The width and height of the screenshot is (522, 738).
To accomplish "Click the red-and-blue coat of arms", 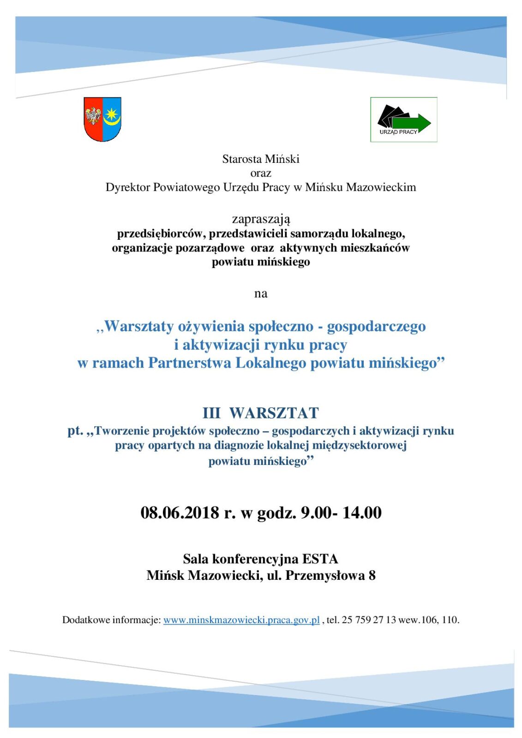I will pyautogui.click(x=102, y=119).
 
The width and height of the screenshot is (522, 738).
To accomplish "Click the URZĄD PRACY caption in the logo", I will pyautogui.click(x=398, y=132).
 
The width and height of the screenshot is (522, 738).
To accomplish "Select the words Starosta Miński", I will pyautogui.click(x=261, y=159).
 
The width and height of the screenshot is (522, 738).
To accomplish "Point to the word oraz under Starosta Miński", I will pyautogui.click(x=261, y=173).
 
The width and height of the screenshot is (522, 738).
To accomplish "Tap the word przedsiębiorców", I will pyautogui.click(x=160, y=234).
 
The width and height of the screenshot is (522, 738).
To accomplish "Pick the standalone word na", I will pyautogui.click(x=261, y=293).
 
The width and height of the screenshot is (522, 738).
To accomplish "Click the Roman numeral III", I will pyautogui.click(x=211, y=413).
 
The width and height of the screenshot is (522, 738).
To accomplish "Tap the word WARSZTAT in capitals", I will pyautogui.click(x=274, y=413).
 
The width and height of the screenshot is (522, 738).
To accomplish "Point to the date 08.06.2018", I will pyautogui.click(x=180, y=513).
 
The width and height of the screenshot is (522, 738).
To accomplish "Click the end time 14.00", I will pyautogui.click(x=362, y=513).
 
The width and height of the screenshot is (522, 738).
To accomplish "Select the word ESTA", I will pyautogui.click(x=320, y=559).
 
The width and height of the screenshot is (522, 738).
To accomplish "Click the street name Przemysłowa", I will pyautogui.click(x=325, y=576).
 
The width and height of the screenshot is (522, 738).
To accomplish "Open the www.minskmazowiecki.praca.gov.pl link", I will pyautogui.click(x=241, y=620).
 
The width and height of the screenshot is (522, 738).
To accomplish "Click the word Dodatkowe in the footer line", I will pyautogui.click(x=86, y=620).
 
